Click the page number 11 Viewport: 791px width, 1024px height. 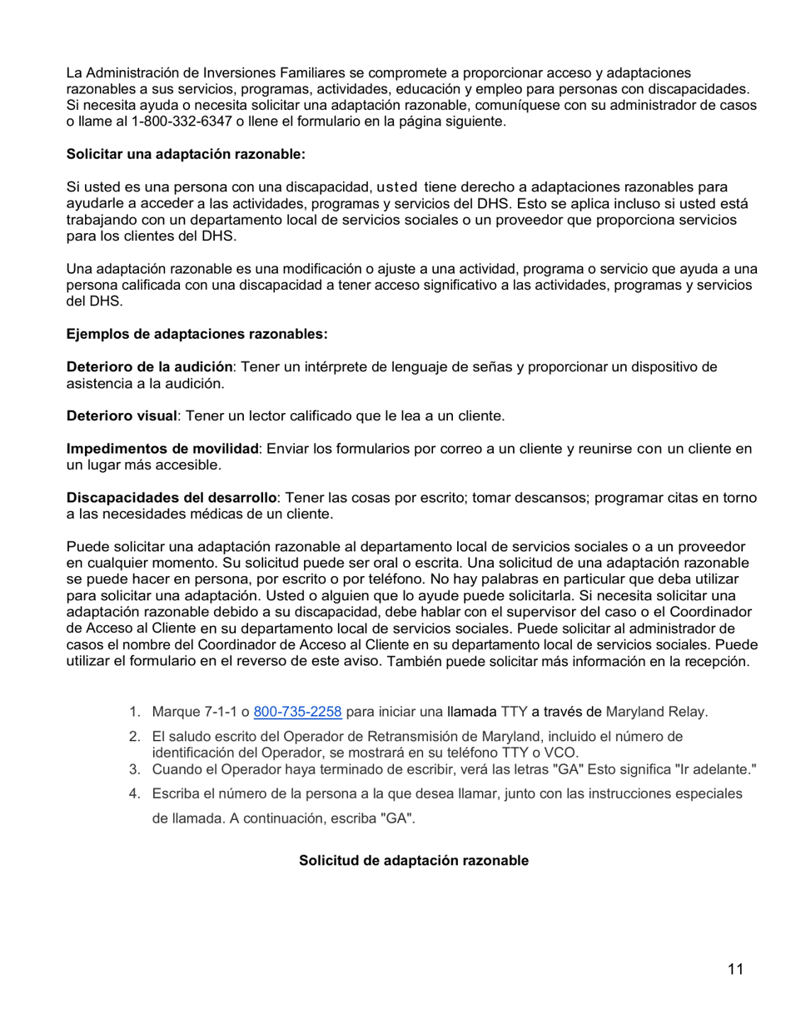735,969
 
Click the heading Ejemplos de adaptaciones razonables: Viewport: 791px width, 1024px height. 197,335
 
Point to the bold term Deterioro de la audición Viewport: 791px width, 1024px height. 149,367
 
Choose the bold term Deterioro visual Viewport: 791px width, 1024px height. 122,415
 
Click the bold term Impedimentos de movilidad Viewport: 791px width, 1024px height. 162,449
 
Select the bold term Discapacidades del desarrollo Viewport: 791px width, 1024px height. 171,498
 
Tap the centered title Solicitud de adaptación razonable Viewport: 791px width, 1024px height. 413,861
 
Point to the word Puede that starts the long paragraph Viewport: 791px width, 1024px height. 86,547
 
